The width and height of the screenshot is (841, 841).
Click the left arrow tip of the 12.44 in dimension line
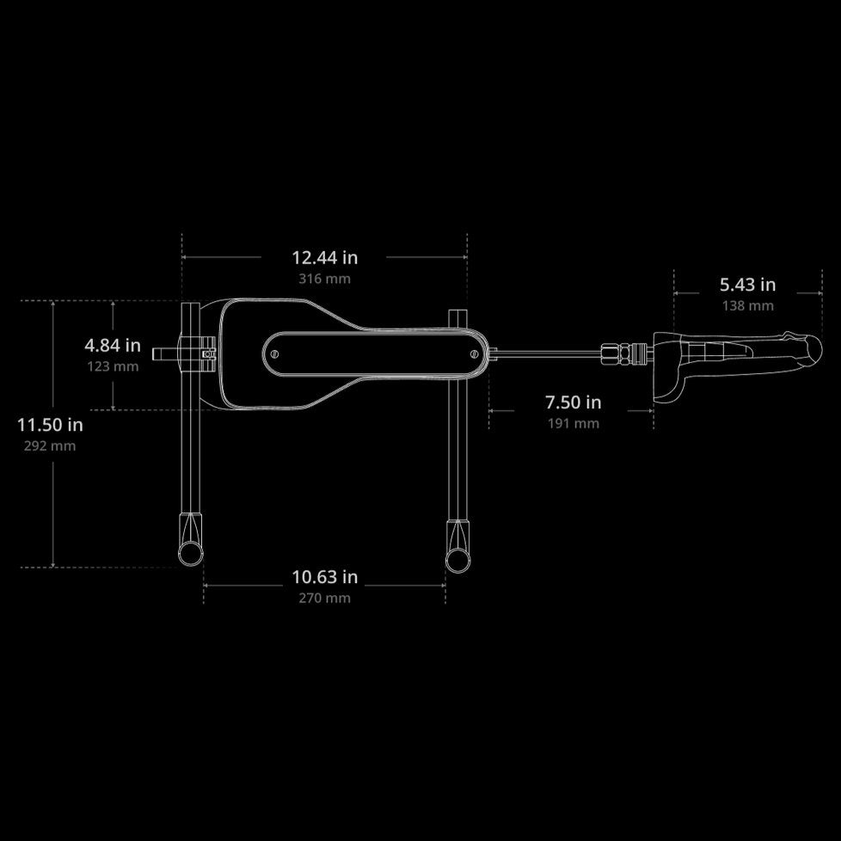(x=182, y=257)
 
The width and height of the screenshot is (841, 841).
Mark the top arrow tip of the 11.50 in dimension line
(x=53, y=302)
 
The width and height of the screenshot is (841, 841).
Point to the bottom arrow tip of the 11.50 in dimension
(x=53, y=567)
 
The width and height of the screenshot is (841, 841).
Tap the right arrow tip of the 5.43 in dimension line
(x=822, y=293)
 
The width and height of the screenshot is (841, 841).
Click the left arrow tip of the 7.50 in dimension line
(x=489, y=411)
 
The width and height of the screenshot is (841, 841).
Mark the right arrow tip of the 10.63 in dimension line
(x=445, y=585)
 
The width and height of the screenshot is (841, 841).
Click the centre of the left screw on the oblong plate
(x=275, y=354)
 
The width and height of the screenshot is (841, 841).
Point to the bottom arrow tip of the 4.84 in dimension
(x=113, y=409)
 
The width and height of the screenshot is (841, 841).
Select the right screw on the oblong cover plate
(x=474, y=354)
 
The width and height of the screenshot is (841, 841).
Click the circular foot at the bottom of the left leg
(x=190, y=553)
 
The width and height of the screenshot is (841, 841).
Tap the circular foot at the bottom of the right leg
(x=457, y=560)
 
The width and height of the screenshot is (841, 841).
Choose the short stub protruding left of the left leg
(x=164, y=354)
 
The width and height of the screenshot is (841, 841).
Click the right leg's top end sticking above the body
(x=457, y=318)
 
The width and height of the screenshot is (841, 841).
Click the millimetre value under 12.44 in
(x=324, y=279)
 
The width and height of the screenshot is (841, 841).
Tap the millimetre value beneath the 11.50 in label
(x=50, y=446)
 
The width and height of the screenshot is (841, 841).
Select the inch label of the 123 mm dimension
(x=113, y=346)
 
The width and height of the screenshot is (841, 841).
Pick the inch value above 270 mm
(x=324, y=577)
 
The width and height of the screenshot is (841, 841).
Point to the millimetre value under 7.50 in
(x=574, y=423)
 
